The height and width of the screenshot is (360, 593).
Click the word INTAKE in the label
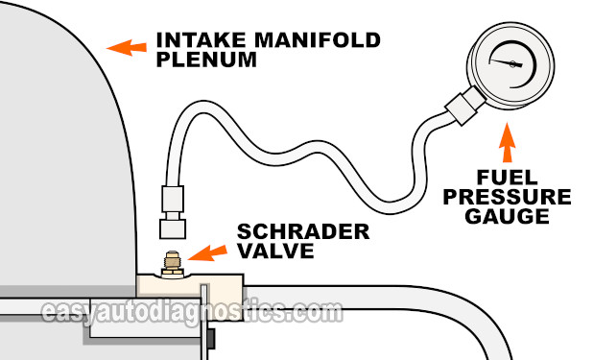pos(195,41)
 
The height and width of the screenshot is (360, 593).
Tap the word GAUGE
pos(510,217)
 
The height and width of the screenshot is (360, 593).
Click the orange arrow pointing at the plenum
pos(120,45)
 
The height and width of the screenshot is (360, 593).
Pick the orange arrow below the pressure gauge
pos(508,144)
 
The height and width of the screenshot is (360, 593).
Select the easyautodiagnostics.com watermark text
pos(191,311)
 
